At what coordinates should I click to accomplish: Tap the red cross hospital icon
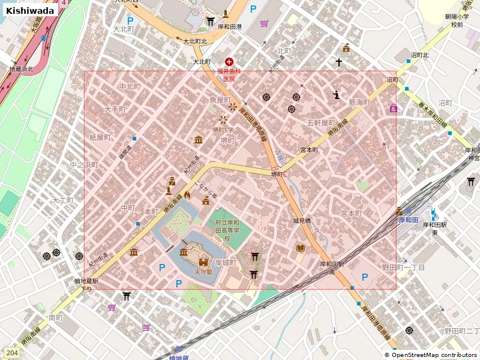[x=229, y=62]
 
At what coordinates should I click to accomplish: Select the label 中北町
[x=130, y=87]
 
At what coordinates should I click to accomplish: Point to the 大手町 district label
[x=115, y=110]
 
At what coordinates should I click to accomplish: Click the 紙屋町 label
[x=100, y=137]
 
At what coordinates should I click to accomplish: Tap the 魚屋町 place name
[x=220, y=100]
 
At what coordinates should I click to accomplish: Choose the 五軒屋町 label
[x=320, y=123]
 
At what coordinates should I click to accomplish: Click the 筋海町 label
[x=360, y=103]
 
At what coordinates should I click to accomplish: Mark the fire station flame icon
[x=187, y=195]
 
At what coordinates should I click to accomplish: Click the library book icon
[x=300, y=248]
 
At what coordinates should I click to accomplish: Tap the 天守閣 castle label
[x=203, y=272]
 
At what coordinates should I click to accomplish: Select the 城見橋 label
[x=302, y=221]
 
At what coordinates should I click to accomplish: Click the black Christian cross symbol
[x=339, y=62]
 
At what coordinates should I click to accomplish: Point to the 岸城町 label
[x=226, y=263]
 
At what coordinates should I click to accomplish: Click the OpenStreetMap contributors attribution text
[x=431, y=355]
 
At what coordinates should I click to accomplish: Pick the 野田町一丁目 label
[x=403, y=267]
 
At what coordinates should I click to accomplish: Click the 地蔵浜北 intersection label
[x=22, y=70]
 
